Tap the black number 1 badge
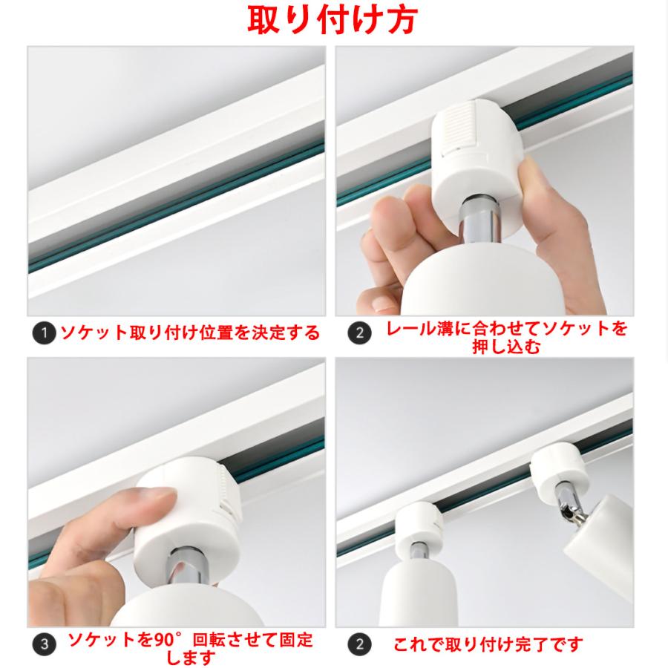45,333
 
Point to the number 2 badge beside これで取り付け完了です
358,644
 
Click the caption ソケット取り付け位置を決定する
190,333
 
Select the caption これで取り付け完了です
488,644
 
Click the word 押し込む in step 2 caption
506,347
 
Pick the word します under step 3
190,658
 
